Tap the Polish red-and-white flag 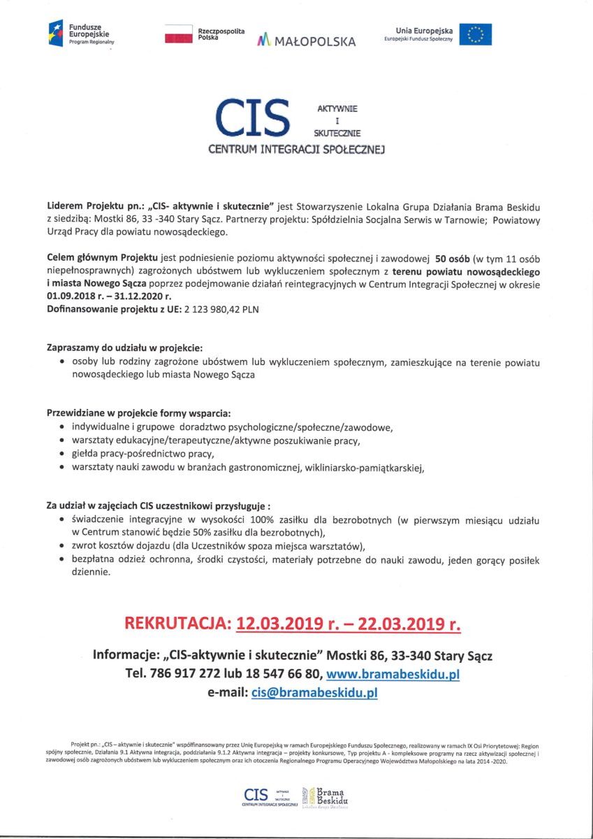tap(178, 34)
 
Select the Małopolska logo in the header tap(307, 40)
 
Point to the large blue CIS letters tap(253, 118)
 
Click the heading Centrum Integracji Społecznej tap(296, 149)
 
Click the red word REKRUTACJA tap(178, 623)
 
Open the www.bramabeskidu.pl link tap(393, 675)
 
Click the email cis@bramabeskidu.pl tap(314, 693)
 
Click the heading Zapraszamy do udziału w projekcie tap(125, 347)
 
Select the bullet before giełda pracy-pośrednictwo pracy tap(64, 454)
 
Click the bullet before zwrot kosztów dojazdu tap(64, 546)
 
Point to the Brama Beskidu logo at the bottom tap(325, 796)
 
